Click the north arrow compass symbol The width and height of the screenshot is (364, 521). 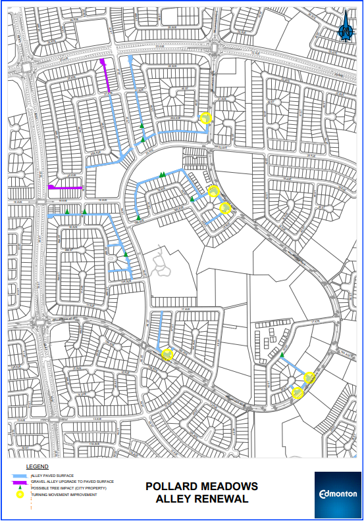[x=345, y=30]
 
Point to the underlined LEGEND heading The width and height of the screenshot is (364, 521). [x=37, y=467]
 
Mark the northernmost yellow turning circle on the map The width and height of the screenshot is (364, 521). [x=205, y=119]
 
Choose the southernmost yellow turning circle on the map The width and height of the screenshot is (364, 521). [x=298, y=393]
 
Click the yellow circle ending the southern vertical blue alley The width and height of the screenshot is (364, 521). [x=167, y=354]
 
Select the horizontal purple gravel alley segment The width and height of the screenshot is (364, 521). [x=66, y=188]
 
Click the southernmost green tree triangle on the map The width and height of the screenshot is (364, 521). [x=282, y=355]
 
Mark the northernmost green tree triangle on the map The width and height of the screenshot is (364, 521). [x=141, y=125]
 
